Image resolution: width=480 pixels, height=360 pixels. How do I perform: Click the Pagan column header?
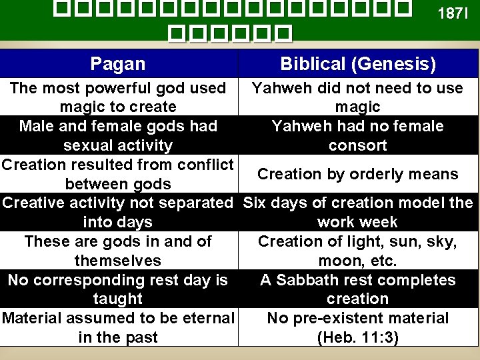tap(117, 64)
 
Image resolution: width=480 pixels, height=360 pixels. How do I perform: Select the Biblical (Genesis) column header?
tap(358, 64)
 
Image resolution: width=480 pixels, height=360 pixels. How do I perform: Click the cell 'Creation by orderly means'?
tap(358, 174)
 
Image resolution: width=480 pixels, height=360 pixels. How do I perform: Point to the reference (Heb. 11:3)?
tap(358, 338)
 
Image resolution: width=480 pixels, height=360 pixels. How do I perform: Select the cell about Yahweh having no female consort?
tap(358, 135)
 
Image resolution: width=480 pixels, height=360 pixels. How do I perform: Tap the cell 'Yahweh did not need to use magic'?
tap(358, 97)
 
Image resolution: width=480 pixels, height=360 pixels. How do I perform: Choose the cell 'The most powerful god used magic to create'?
tap(118, 97)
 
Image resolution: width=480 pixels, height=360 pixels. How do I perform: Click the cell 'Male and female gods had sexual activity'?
tap(118, 135)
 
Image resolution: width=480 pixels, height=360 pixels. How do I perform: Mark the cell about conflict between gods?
tap(118, 174)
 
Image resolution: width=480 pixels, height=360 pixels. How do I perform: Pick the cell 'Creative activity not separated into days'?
tap(118, 212)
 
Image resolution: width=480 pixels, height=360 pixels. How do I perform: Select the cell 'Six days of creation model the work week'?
tap(358, 212)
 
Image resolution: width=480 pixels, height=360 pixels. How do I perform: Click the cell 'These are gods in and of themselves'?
tap(118, 251)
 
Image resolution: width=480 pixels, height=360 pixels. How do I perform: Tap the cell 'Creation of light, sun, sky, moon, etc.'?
tap(358, 251)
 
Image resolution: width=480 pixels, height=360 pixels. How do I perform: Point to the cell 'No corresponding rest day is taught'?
tap(118, 289)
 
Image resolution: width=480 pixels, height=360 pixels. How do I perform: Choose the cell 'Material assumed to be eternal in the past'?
tap(118, 327)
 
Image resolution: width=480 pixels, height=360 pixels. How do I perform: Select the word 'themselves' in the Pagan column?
tap(118, 261)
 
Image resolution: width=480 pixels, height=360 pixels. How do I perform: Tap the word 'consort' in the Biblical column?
tap(358, 145)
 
